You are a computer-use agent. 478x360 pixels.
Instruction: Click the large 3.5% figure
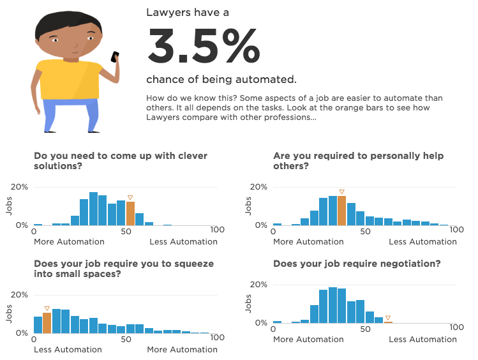pyautogui.click(x=204, y=47)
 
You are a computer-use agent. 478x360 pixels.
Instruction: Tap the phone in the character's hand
pyautogui.click(x=115, y=57)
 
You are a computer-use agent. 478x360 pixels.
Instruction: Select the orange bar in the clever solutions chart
pyautogui.click(x=130, y=213)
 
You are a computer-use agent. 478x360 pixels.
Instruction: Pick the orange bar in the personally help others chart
pyautogui.click(x=341, y=211)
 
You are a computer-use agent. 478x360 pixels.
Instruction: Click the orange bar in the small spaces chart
pyautogui.click(x=47, y=322)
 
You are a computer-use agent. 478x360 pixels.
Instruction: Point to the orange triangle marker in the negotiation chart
pyautogui.click(x=388, y=317)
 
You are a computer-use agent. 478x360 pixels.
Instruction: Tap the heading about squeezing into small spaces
pyautogui.click(x=123, y=269)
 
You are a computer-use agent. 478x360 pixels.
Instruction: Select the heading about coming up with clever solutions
pyautogui.click(x=121, y=161)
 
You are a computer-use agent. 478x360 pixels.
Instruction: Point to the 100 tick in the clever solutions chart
pyautogui.click(x=217, y=230)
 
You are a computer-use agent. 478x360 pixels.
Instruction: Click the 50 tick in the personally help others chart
pyautogui.click(x=365, y=230)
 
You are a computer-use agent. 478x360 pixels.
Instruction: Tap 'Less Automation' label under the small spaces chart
pyautogui.click(x=68, y=349)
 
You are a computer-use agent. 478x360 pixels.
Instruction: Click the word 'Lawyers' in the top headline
pyautogui.click(x=168, y=12)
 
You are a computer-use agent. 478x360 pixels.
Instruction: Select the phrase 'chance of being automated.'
pyautogui.click(x=221, y=80)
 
